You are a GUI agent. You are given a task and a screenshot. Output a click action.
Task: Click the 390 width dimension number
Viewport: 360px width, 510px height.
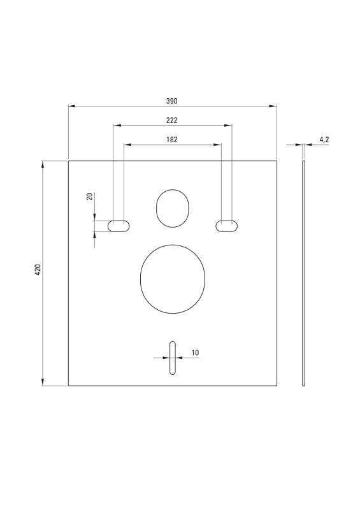(171, 101)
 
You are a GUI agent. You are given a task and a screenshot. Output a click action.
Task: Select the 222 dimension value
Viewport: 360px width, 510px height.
(171, 120)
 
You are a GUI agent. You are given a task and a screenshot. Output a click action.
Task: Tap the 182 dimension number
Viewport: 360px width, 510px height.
(171, 140)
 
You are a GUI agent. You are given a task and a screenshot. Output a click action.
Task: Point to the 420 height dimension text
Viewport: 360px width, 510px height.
(38, 270)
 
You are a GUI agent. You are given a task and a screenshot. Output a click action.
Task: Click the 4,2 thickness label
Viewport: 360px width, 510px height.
(324, 140)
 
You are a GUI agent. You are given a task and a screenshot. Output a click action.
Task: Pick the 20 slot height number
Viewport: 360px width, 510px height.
(90, 196)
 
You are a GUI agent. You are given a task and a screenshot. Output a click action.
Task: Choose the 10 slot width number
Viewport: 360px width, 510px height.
(195, 353)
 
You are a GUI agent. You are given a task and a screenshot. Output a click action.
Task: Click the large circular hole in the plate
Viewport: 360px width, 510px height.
(140, 279)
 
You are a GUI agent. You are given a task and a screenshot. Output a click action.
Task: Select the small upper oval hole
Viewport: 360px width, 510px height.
(156, 208)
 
